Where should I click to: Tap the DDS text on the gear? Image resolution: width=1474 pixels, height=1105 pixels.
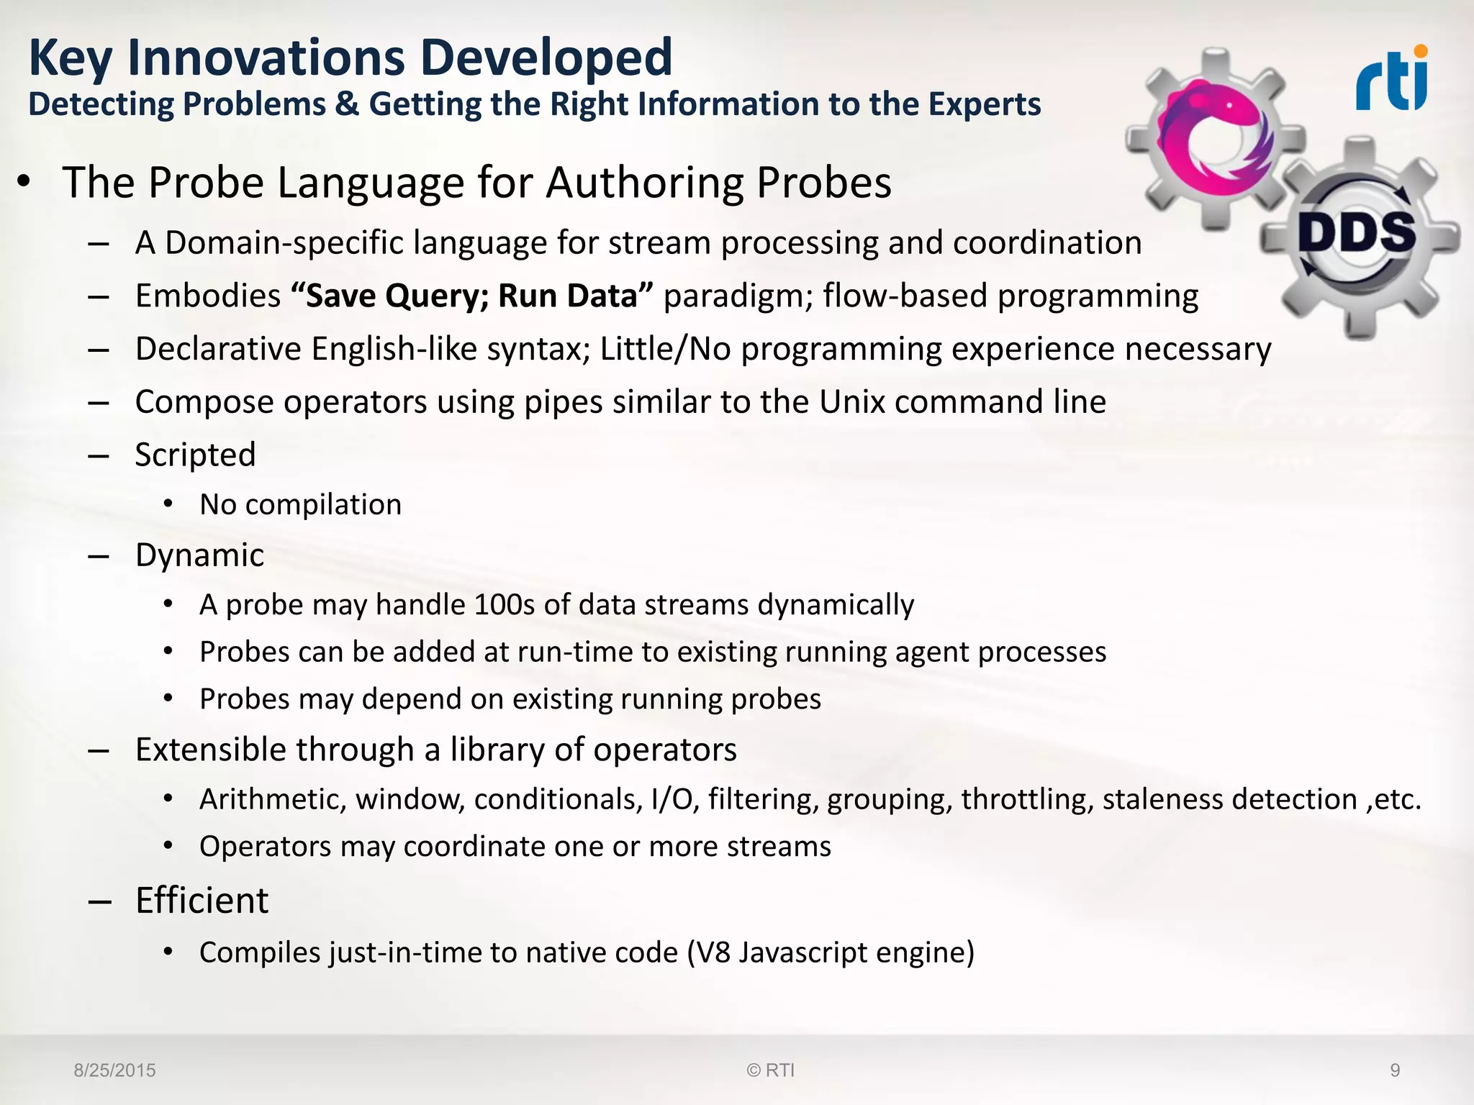[1357, 234]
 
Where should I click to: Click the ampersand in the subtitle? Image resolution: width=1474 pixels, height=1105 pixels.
[347, 104]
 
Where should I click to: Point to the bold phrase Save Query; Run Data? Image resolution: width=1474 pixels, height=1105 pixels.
[472, 296]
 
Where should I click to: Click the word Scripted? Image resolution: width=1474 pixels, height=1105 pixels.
[195, 455]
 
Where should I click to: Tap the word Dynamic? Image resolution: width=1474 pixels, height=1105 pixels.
[199, 555]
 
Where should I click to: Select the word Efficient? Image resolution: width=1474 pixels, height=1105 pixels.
[202, 901]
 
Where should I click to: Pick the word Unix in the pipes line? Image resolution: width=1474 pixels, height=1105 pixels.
[851, 401]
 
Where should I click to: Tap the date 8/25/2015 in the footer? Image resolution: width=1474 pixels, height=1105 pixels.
[114, 1070]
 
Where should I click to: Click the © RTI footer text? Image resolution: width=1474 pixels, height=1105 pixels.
[770, 1070]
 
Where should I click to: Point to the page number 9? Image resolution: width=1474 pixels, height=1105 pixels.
[1395, 1070]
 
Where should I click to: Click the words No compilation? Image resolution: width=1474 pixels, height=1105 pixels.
[300, 505]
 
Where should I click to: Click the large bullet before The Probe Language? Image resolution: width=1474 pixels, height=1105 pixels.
[24, 183]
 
